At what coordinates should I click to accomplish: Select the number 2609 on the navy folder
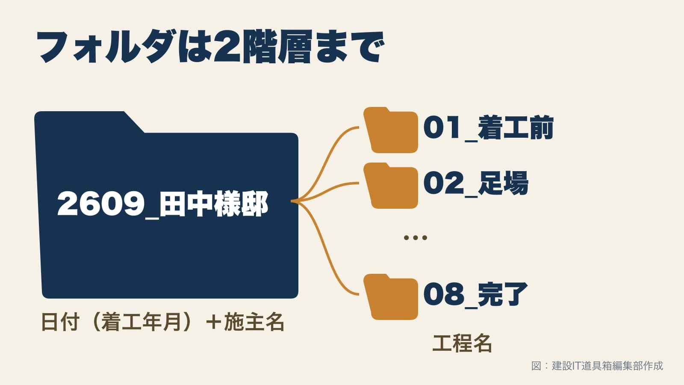coord(101,204)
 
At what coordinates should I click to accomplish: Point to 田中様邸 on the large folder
coord(214,204)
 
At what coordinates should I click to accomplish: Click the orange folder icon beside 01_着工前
coord(391,130)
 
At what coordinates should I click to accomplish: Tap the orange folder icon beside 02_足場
coord(391,186)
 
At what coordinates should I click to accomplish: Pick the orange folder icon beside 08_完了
coord(391,297)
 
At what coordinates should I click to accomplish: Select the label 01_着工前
coord(488,128)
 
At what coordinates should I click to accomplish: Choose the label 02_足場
coord(476,184)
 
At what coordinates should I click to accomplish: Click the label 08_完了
coord(475,295)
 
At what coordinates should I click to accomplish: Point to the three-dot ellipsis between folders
coord(415,237)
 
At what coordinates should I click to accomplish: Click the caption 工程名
coord(462,343)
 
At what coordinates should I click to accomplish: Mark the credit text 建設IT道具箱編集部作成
coord(607,366)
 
